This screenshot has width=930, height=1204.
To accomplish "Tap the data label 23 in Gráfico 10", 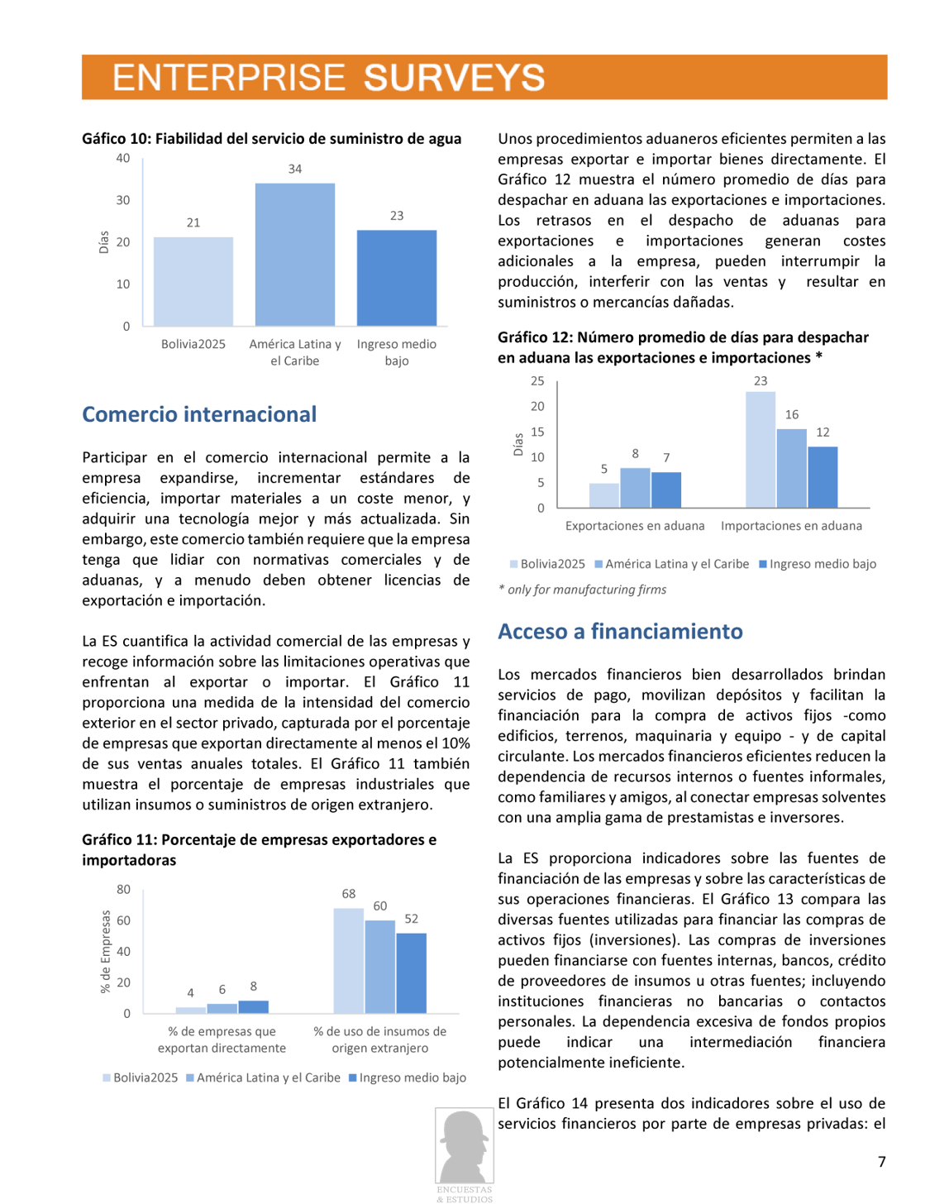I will (x=397, y=216).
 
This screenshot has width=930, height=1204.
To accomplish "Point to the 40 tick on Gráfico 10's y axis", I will (x=123, y=159).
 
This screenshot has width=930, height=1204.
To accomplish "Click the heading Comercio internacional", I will (x=199, y=414).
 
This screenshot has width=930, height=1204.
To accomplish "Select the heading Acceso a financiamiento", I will (x=620, y=631).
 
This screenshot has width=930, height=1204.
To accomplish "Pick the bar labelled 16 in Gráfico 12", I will (x=791, y=468).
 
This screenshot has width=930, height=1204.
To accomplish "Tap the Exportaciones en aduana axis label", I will (x=635, y=526).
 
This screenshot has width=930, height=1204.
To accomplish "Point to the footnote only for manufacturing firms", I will (x=586, y=590).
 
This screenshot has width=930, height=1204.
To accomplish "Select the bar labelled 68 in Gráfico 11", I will (x=348, y=961).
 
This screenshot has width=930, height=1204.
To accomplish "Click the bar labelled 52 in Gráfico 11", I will (x=411, y=973).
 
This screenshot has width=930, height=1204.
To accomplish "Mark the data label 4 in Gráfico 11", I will (x=190, y=993).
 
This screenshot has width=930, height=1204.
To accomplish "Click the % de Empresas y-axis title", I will (x=105, y=951).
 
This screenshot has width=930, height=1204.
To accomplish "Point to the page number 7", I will (x=881, y=1162).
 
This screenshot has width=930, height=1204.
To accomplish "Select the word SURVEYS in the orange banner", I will (x=454, y=78).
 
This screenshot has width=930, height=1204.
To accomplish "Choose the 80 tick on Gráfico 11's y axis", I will (x=123, y=890).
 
